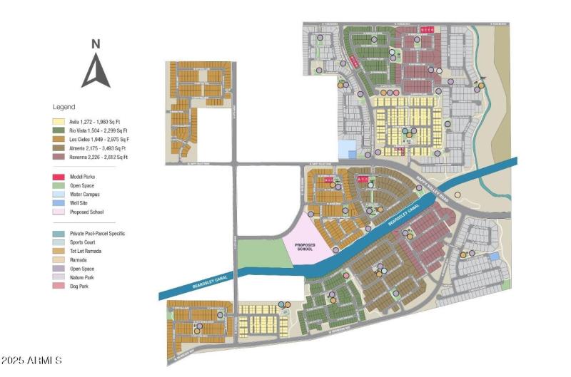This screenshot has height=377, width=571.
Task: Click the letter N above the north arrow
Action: point(95,43)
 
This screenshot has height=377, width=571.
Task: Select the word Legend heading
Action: point(64,107)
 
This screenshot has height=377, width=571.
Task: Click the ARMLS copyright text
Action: point(31,361)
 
